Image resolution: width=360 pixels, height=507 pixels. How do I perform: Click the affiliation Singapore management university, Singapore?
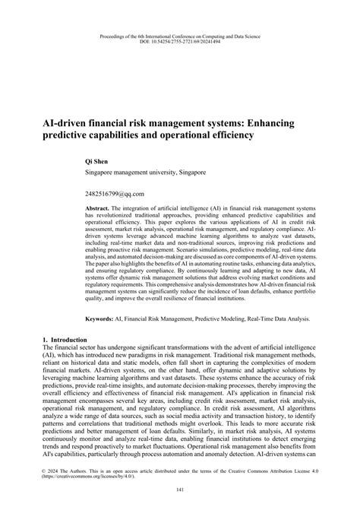[x=144, y=173]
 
